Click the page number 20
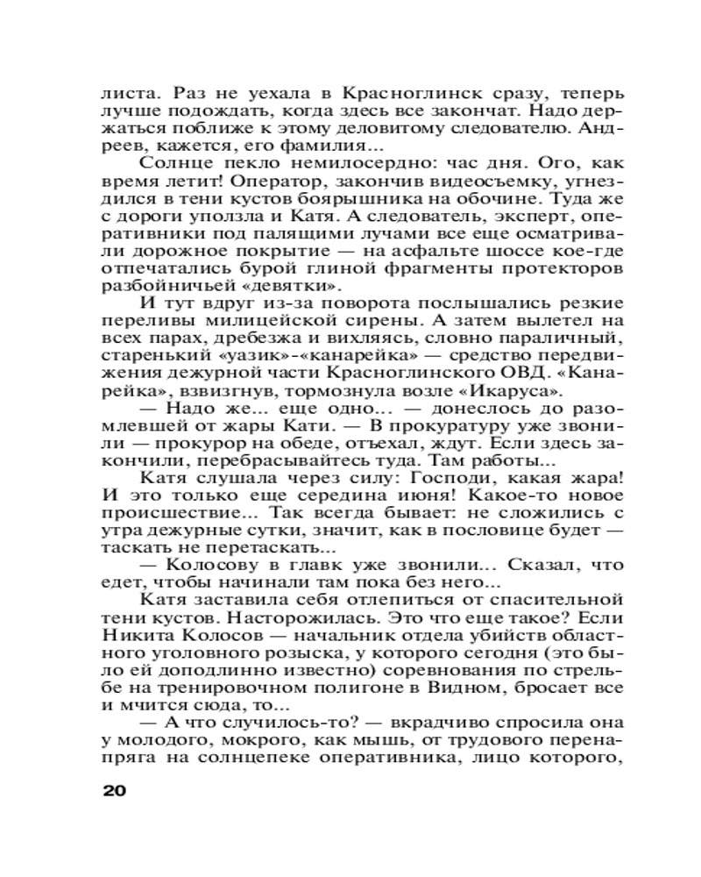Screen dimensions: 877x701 tap(115, 790)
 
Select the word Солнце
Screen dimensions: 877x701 tap(172, 162)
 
